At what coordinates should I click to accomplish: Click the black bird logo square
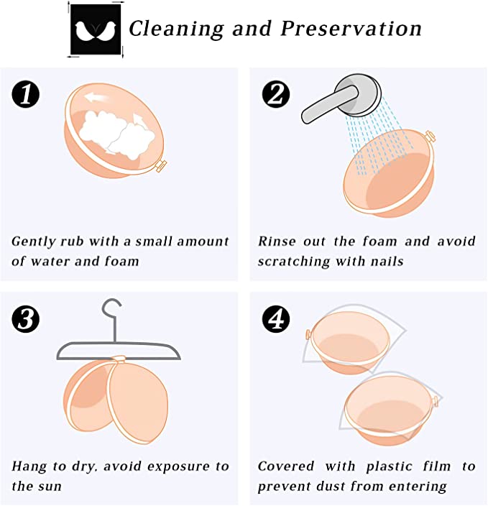coord(96,29)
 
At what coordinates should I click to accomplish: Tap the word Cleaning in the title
coord(176,29)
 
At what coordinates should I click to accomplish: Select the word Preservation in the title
coord(351,29)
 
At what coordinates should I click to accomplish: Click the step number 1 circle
coord(25,94)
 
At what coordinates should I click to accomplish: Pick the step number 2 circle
coord(276,94)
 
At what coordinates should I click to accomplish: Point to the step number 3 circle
coord(25,319)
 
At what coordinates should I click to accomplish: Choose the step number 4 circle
coord(276,319)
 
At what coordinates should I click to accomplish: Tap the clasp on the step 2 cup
coord(430,136)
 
